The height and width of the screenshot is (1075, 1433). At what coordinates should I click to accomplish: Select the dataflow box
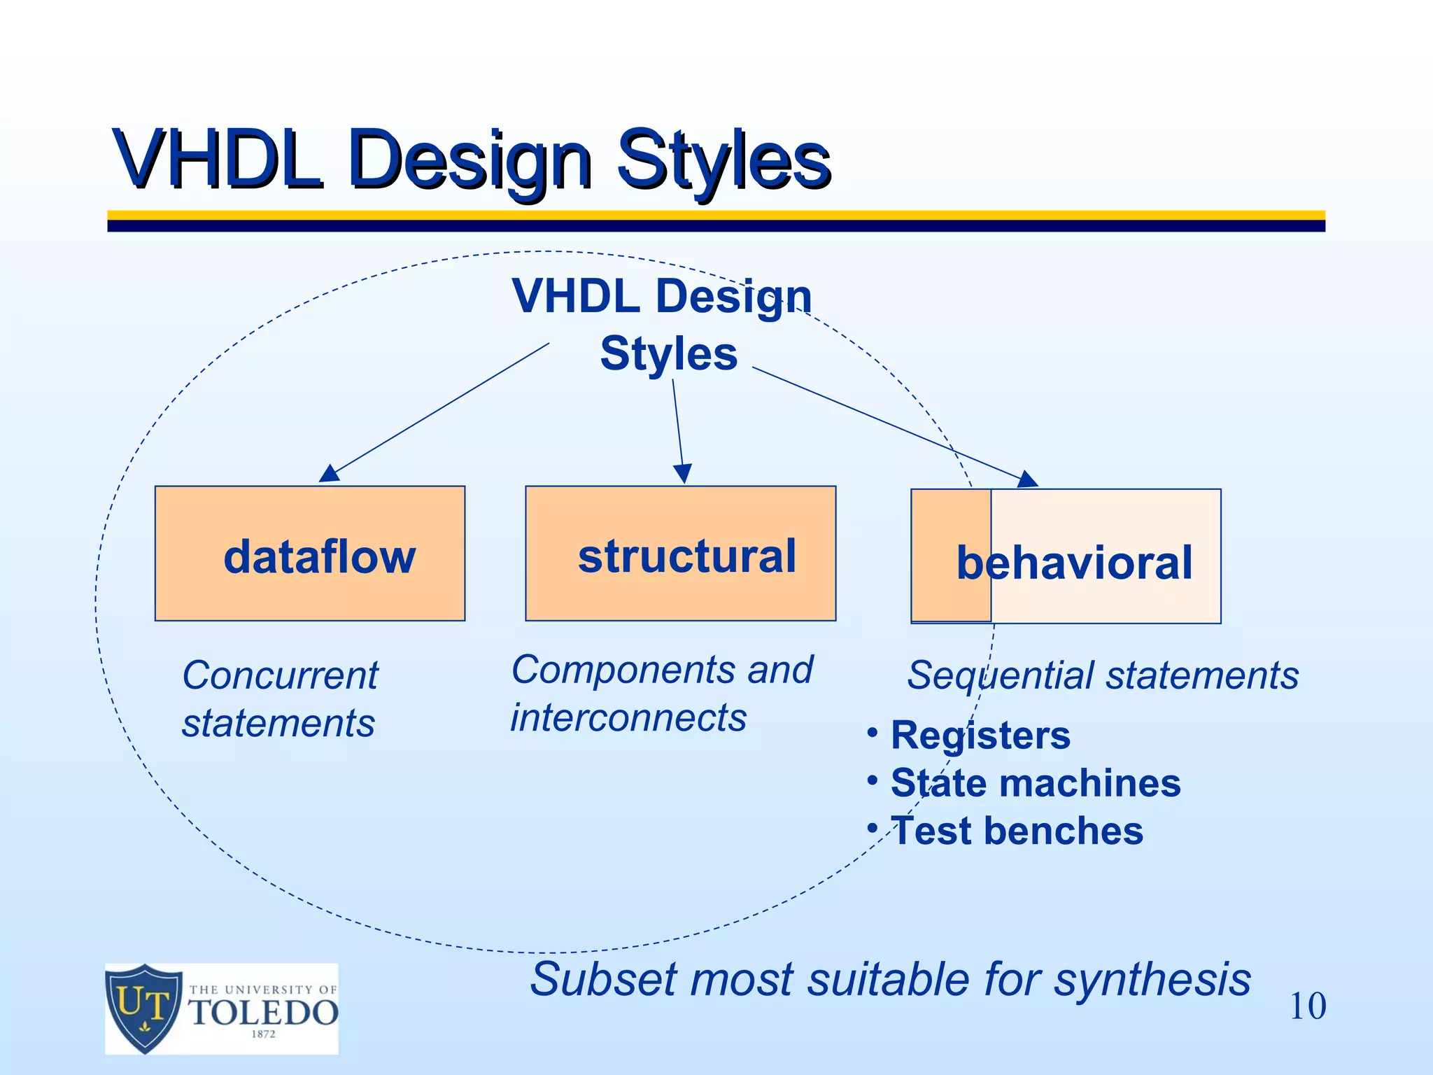pyautogui.click(x=309, y=553)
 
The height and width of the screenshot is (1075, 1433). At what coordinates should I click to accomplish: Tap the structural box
pyautogui.click(x=680, y=553)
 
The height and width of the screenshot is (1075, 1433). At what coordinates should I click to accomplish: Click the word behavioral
pyautogui.click(x=1074, y=563)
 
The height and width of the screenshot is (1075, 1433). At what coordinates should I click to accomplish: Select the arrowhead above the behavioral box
pyautogui.click(x=1027, y=479)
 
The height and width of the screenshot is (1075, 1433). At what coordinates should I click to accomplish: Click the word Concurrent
pyautogui.click(x=280, y=675)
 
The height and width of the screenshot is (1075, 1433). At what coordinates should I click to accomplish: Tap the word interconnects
pyautogui.click(x=628, y=717)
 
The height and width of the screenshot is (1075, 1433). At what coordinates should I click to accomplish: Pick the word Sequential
pyautogui.click(x=1001, y=675)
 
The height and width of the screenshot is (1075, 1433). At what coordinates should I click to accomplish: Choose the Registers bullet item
pyautogui.click(x=980, y=736)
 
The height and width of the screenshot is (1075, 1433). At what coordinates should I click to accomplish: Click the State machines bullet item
pyautogui.click(x=1035, y=782)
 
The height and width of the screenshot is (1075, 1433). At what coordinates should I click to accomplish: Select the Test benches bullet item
pyautogui.click(x=1016, y=831)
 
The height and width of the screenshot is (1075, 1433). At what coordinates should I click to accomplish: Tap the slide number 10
pyautogui.click(x=1307, y=1006)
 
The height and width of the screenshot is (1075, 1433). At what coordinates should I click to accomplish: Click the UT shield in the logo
pyautogui.click(x=143, y=1008)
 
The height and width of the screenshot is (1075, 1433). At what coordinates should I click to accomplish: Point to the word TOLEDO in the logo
pyautogui.click(x=264, y=1013)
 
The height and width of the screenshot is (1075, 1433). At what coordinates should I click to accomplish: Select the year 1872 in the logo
pyautogui.click(x=263, y=1034)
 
